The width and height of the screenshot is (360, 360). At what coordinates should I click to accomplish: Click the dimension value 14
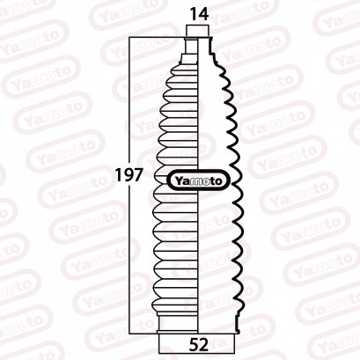click(x=197, y=15)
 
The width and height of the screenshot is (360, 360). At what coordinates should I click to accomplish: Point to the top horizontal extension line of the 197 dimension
click(x=158, y=37)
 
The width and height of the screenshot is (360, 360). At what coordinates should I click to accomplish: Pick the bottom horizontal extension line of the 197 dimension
click(x=145, y=334)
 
